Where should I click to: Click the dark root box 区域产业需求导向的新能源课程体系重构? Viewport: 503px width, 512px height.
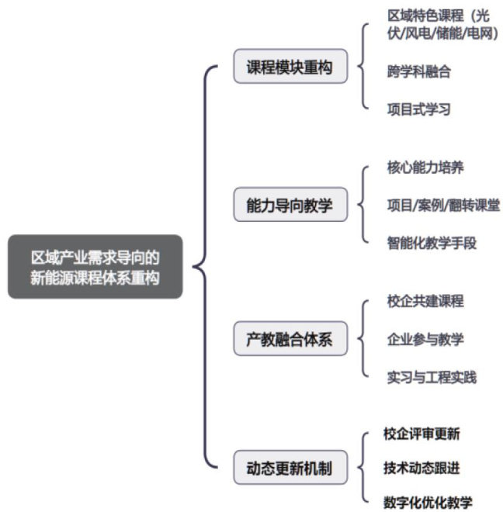click(x=95, y=267)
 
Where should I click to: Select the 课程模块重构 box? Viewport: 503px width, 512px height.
click(x=290, y=68)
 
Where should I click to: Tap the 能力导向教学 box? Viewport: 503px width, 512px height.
click(x=290, y=206)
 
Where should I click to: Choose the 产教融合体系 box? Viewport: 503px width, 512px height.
click(x=290, y=338)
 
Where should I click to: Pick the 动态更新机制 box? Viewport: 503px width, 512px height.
click(x=290, y=469)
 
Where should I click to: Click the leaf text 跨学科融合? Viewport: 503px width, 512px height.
click(x=418, y=72)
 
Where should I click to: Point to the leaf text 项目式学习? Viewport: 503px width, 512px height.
click(x=418, y=109)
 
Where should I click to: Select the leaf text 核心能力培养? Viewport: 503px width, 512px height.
click(x=425, y=168)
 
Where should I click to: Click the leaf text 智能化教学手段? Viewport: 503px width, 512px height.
click(x=432, y=243)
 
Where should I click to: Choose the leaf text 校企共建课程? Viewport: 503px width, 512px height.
click(x=425, y=301)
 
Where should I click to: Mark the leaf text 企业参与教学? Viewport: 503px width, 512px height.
click(x=425, y=339)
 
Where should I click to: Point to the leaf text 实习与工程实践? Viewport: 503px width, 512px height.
click(x=432, y=377)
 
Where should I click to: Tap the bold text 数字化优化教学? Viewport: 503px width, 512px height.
click(x=428, y=502)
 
